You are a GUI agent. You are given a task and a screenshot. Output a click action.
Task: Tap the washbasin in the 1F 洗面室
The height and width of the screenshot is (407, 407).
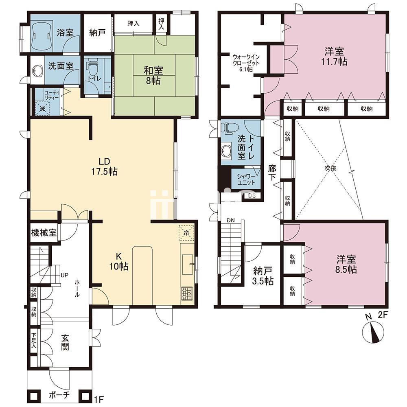37,70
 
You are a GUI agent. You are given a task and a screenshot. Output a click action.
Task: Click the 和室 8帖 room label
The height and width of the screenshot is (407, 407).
153,76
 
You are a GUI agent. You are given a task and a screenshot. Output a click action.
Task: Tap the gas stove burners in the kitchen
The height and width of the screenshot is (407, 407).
187,293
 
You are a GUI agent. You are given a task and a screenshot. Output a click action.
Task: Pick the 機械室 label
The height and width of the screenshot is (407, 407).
44,232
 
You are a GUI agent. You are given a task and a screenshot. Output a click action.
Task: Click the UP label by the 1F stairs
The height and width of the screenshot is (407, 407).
64,275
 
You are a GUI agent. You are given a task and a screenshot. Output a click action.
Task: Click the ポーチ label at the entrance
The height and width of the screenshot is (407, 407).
59,395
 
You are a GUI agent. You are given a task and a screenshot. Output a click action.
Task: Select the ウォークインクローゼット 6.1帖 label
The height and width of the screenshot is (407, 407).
245,63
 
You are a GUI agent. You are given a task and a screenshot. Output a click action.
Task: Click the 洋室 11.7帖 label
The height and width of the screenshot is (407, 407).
334,56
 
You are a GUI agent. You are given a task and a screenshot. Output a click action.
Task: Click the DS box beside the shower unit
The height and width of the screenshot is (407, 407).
252,196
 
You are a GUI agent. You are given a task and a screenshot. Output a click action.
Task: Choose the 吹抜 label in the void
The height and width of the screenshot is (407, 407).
330,168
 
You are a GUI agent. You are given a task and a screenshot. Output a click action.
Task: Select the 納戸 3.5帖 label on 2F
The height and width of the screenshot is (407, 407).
263,276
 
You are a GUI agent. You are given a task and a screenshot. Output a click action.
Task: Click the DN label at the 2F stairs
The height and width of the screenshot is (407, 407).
230,221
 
